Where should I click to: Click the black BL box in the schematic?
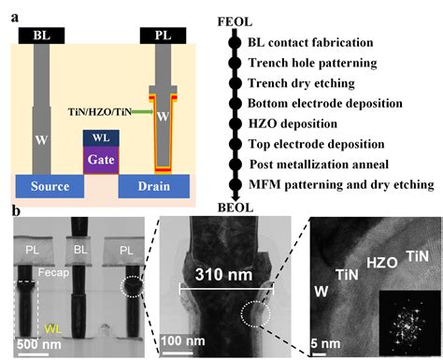pos(41,36)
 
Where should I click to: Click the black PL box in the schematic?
pos(163,36)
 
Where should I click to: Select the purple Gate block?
pos(101,160)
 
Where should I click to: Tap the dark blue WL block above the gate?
pos(101,138)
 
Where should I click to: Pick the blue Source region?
pos(50,186)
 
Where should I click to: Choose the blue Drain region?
pos(154,186)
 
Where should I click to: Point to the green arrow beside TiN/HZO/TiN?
pos(142,111)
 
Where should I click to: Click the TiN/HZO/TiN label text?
pos(100,111)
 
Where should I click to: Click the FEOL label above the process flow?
pos(235,22)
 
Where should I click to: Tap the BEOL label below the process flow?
pos(236,208)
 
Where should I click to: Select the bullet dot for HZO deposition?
pos(236,123)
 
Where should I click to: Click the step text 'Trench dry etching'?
pos(301,83)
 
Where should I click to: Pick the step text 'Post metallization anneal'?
pos(319,165)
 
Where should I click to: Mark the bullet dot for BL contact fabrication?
pos(235,43)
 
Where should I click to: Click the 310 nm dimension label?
pos(223,275)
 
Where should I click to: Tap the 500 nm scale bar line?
pos(34,354)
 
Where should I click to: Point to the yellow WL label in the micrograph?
pos(52,329)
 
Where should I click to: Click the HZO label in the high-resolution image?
pos(382,263)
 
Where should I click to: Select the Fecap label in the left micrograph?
pos(53,273)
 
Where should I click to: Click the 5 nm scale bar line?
pos(319,354)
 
